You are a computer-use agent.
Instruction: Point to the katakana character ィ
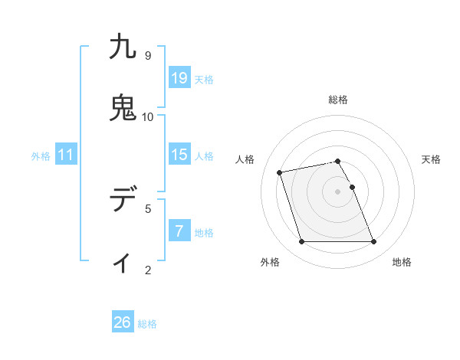pyautogui.click(x=123, y=263)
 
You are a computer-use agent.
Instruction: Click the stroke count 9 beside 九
pyautogui.click(x=148, y=56)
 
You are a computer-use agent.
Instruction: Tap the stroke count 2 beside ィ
pyautogui.click(x=148, y=270)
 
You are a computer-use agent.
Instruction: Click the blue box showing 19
pyautogui.click(x=179, y=77)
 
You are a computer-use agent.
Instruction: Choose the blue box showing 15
pyautogui.click(x=179, y=155)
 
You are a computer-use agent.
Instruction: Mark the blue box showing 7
pyautogui.click(x=179, y=231)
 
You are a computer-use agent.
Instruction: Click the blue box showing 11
pyautogui.click(x=66, y=155)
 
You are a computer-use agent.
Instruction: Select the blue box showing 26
pyautogui.click(x=123, y=322)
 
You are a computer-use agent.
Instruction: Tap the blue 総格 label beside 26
pyautogui.click(x=147, y=324)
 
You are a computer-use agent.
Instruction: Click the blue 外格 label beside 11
pyautogui.click(x=41, y=156)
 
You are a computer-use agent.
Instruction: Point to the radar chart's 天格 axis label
pyautogui.click(x=431, y=159)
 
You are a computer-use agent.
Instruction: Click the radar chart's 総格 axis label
pyautogui.click(x=338, y=100)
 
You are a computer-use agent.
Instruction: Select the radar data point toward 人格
pyautogui.click(x=280, y=172)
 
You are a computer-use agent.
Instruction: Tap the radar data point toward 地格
pyautogui.click(x=373, y=242)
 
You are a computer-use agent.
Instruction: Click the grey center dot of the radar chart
pyautogui.click(x=338, y=191)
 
